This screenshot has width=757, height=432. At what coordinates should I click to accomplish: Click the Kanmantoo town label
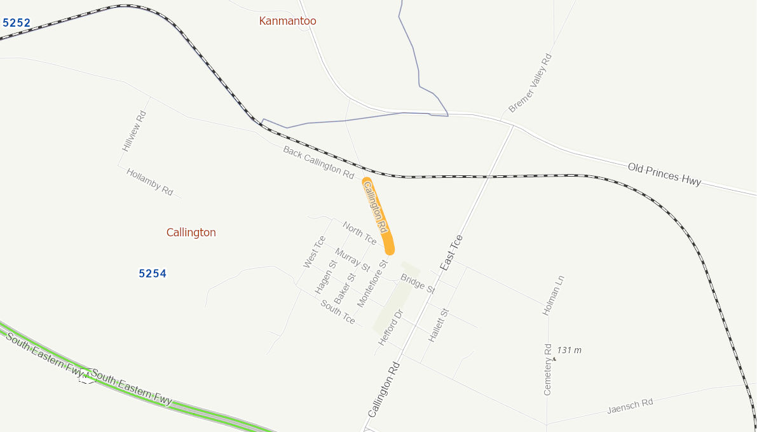coord(287,21)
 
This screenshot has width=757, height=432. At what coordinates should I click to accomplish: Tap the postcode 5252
coord(17,23)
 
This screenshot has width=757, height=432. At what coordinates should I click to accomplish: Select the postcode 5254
coord(153,274)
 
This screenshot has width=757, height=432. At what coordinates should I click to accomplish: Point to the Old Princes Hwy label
coord(664,174)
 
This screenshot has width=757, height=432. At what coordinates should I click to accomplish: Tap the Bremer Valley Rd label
coord(530,83)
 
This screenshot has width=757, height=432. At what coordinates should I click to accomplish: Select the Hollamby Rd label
coord(149,182)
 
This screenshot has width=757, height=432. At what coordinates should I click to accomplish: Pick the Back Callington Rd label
coord(318,162)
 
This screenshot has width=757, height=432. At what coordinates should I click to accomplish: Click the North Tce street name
coord(359,233)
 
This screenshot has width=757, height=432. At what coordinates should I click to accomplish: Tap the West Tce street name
coord(314,252)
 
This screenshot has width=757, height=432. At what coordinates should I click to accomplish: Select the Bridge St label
coord(418,283)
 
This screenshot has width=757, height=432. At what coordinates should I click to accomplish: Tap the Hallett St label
coord(439,326)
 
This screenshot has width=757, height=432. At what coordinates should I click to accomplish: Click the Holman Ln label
coord(553,296)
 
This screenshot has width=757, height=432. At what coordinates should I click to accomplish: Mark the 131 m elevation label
coord(569,350)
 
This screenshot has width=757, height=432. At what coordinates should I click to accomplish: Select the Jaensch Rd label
coord(630,406)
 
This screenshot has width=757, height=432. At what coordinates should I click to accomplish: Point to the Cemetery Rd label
coord(548,370)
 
